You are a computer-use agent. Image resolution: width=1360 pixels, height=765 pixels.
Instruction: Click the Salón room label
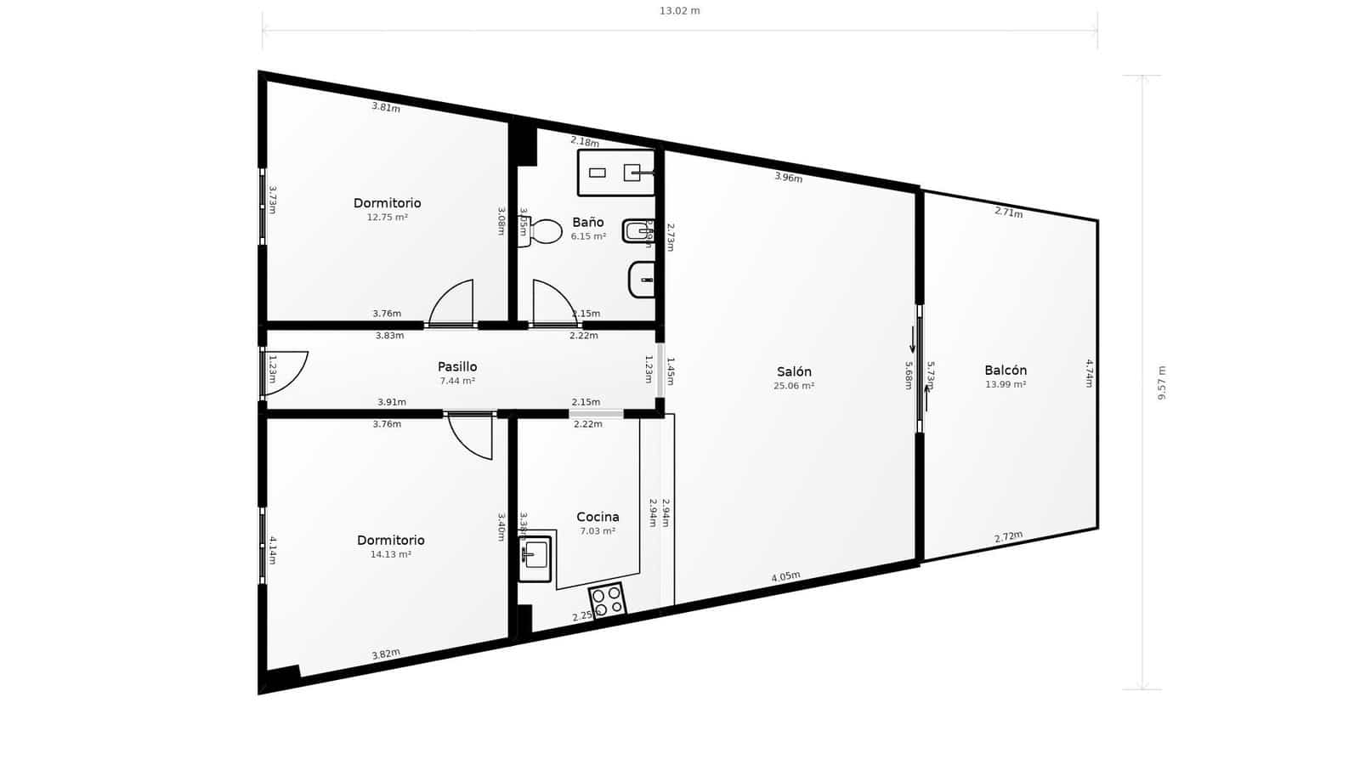794,371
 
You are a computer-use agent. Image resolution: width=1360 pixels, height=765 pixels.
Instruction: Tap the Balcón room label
1006,371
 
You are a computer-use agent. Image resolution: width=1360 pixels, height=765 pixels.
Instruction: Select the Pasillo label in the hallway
457,366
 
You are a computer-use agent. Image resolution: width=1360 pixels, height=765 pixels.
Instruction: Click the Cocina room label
598,517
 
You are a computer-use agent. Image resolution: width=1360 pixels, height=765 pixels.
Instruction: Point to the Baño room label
587,223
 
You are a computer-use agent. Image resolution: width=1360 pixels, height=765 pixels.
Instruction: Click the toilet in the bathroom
542,231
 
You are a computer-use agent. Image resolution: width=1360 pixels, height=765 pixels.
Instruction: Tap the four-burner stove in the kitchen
608,600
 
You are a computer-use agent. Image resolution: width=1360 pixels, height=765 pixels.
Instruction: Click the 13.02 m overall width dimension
680,11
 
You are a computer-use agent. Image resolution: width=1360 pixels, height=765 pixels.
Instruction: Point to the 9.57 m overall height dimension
1161,382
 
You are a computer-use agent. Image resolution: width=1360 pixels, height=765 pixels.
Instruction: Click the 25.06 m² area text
794,386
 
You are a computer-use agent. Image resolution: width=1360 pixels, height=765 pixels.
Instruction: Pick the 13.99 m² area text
1006,385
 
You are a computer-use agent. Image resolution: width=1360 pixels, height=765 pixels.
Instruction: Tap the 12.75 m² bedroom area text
387,218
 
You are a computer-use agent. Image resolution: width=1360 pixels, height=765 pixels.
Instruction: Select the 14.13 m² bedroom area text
390,555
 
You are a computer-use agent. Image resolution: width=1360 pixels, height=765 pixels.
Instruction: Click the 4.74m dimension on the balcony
1089,373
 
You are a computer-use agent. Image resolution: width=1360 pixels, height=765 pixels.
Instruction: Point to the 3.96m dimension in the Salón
788,178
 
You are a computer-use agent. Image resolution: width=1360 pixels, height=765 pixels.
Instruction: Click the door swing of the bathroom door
552,302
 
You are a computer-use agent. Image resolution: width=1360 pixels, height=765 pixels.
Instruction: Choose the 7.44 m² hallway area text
457,381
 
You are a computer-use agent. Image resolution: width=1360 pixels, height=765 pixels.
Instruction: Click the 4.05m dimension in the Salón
785,576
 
